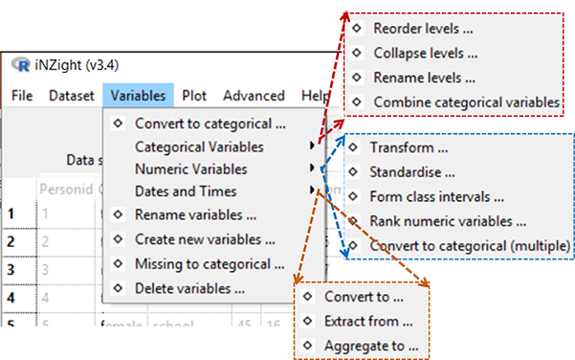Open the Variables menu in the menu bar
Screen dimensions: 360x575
click(138, 96)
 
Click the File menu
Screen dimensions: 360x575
click(22, 96)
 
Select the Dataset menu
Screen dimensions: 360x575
click(72, 96)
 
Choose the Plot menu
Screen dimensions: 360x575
click(194, 96)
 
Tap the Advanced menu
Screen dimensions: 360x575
click(254, 96)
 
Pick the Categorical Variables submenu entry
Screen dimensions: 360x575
click(200, 147)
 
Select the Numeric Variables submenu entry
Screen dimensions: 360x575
click(191, 169)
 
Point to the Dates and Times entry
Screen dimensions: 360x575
click(186, 191)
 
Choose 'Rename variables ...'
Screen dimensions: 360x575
click(195, 214)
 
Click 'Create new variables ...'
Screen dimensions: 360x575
click(205, 239)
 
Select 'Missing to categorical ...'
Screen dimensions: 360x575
click(210, 263)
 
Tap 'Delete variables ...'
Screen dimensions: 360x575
click(189, 287)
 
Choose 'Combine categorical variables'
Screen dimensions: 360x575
click(465, 101)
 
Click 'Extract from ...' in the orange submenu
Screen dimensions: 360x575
click(369, 321)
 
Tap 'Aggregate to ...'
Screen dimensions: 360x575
click(372, 345)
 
